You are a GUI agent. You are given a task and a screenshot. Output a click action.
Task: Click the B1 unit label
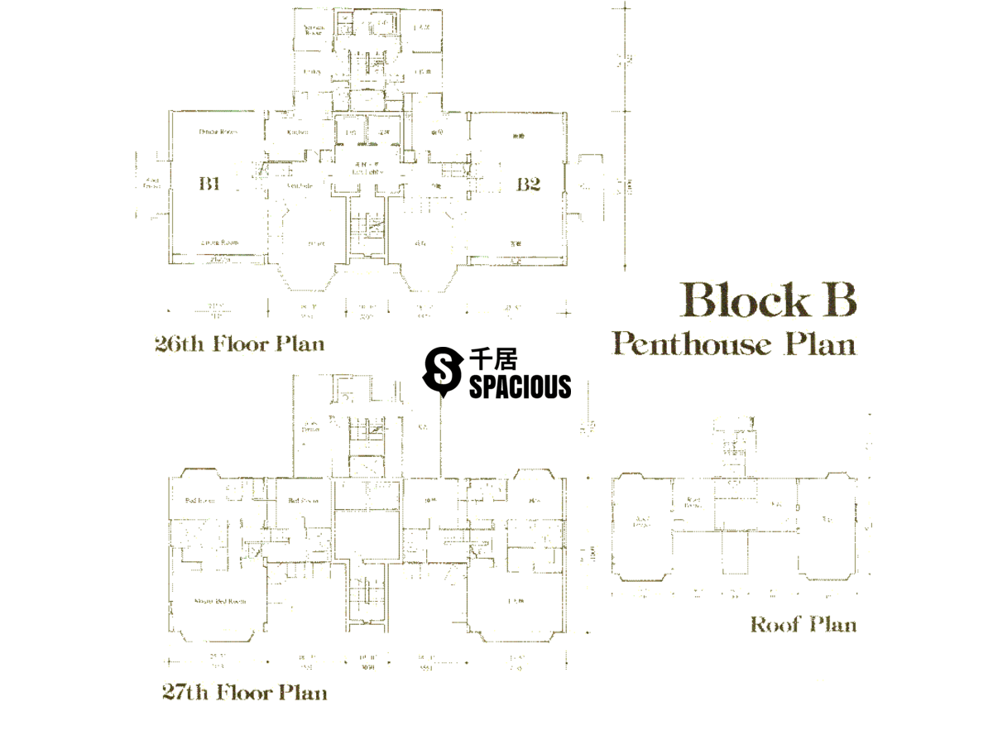tap(209, 184)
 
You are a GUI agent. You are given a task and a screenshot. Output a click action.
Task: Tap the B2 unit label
tap(528, 184)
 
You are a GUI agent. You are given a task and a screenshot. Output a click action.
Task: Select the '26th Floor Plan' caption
tap(239, 344)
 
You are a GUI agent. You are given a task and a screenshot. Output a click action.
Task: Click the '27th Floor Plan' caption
tap(244, 692)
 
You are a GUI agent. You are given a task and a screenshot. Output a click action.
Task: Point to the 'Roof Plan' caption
tap(803, 624)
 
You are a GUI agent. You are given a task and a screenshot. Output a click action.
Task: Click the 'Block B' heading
tap(768, 300)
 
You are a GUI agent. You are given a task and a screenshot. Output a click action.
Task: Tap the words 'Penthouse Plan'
tap(734, 343)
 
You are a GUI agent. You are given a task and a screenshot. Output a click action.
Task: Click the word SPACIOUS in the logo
tap(520, 387)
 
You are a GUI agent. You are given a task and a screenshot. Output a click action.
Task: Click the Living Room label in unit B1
tap(219, 242)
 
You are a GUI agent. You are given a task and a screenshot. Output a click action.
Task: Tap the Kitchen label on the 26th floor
tap(297, 132)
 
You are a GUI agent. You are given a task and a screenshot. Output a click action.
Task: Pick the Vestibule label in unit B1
tap(299, 186)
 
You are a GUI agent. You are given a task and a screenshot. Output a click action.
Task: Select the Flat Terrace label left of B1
tap(151, 183)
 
